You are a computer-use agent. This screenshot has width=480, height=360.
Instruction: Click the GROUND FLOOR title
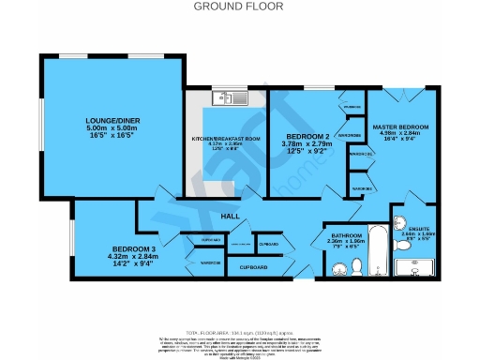239,6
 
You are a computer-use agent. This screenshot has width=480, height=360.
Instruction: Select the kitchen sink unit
228,97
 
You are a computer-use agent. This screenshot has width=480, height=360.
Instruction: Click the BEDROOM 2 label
307,137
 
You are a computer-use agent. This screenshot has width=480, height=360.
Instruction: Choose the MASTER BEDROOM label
402,127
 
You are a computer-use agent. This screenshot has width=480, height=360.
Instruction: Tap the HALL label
231,217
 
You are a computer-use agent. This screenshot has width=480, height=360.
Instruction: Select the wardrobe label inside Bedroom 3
210,262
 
